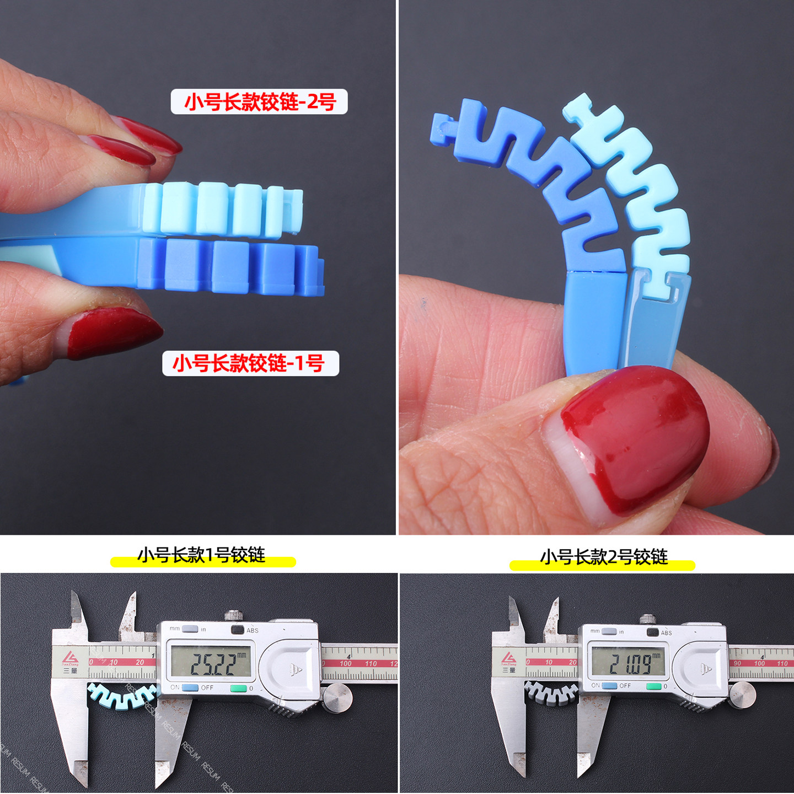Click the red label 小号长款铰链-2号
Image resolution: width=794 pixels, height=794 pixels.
259,102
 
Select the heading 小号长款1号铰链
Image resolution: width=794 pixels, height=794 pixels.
202,555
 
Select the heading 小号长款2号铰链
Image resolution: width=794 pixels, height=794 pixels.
603,557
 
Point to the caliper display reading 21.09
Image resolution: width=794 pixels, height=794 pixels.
628,662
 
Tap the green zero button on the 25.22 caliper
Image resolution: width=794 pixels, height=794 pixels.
238,688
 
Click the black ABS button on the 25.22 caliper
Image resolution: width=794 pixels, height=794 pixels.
238,630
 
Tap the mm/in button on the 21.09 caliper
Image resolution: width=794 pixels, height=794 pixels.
609,631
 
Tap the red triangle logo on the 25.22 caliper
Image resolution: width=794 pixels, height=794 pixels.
70,658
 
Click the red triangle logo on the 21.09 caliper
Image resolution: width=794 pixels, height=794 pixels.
509,658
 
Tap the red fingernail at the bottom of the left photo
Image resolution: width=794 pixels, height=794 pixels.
113,331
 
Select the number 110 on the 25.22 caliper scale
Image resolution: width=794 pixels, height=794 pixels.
371,663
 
